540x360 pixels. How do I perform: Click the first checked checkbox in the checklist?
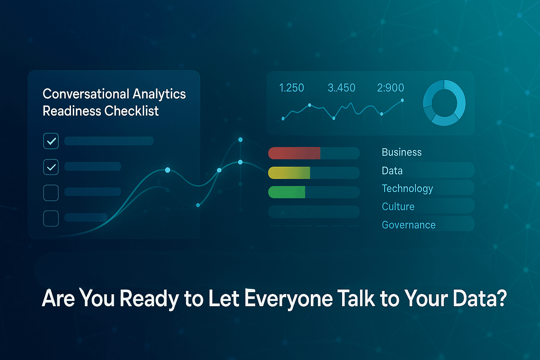pos(51,141)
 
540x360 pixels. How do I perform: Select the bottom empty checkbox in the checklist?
pos(51,218)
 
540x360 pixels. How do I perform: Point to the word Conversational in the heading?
pos(86,94)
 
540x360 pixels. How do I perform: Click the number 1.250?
pos(291,88)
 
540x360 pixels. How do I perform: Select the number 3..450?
pos(341,88)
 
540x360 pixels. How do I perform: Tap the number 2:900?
pos(391,88)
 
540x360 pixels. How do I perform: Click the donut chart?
pos(444,103)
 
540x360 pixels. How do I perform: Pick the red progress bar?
pos(294,153)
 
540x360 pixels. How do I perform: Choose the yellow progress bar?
pos(289,173)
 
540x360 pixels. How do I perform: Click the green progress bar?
pos(287,192)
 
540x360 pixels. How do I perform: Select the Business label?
pos(401,152)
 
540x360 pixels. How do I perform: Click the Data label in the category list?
pos(392,171)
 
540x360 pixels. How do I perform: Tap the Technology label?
pos(407,189)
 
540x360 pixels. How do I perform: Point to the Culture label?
pos(398,207)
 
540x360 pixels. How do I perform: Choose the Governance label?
pos(409,225)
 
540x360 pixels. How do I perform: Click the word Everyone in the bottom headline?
pos(288,299)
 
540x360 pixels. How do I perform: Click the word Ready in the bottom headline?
pos(149,299)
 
